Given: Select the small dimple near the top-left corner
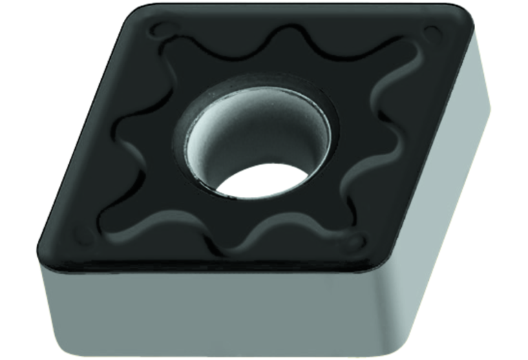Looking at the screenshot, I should point(162,30).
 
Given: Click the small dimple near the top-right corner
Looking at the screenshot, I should point(432,32).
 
